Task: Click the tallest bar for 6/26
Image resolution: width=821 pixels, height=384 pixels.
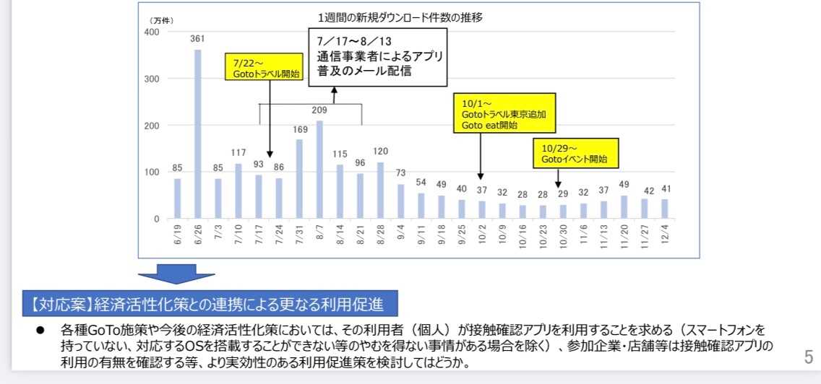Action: coord(197,134)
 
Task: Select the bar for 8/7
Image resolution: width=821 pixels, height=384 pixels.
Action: coord(319,170)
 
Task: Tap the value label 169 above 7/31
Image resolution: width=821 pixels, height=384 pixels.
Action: coord(299,129)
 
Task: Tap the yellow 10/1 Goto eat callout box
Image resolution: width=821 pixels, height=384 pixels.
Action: coord(504,113)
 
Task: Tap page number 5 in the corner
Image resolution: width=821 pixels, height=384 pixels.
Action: coord(809,357)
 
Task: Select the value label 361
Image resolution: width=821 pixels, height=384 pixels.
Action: coord(197,39)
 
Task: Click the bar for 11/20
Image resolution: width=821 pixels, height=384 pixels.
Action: coord(624,207)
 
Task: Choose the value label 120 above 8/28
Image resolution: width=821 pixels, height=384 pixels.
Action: coord(381,152)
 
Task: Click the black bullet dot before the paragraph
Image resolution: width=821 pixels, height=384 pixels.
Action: coord(41,329)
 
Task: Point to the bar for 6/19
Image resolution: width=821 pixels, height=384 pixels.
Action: coord(177,198)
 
